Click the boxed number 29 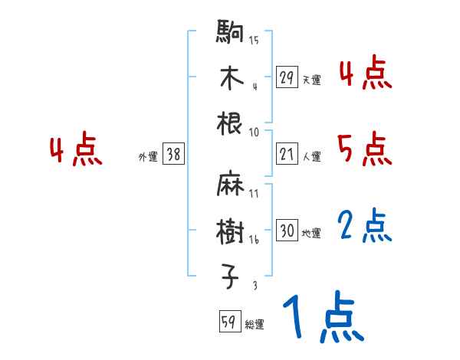coord(287,77)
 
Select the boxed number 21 coord(287,155)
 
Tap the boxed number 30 coord(287,231)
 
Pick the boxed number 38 coord(173,155)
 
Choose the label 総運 coord(255,325)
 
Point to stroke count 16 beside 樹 coord(253,240)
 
